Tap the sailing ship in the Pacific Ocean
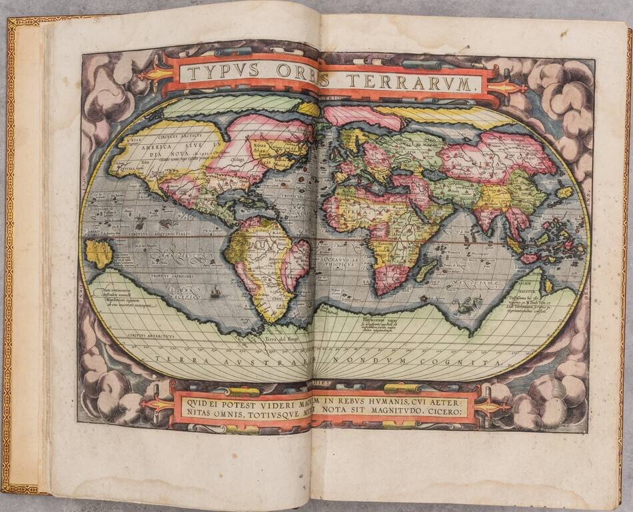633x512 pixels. tap(215, 291)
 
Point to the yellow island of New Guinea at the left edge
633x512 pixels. tap(98, 254)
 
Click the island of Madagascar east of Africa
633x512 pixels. tap(427, 269)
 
